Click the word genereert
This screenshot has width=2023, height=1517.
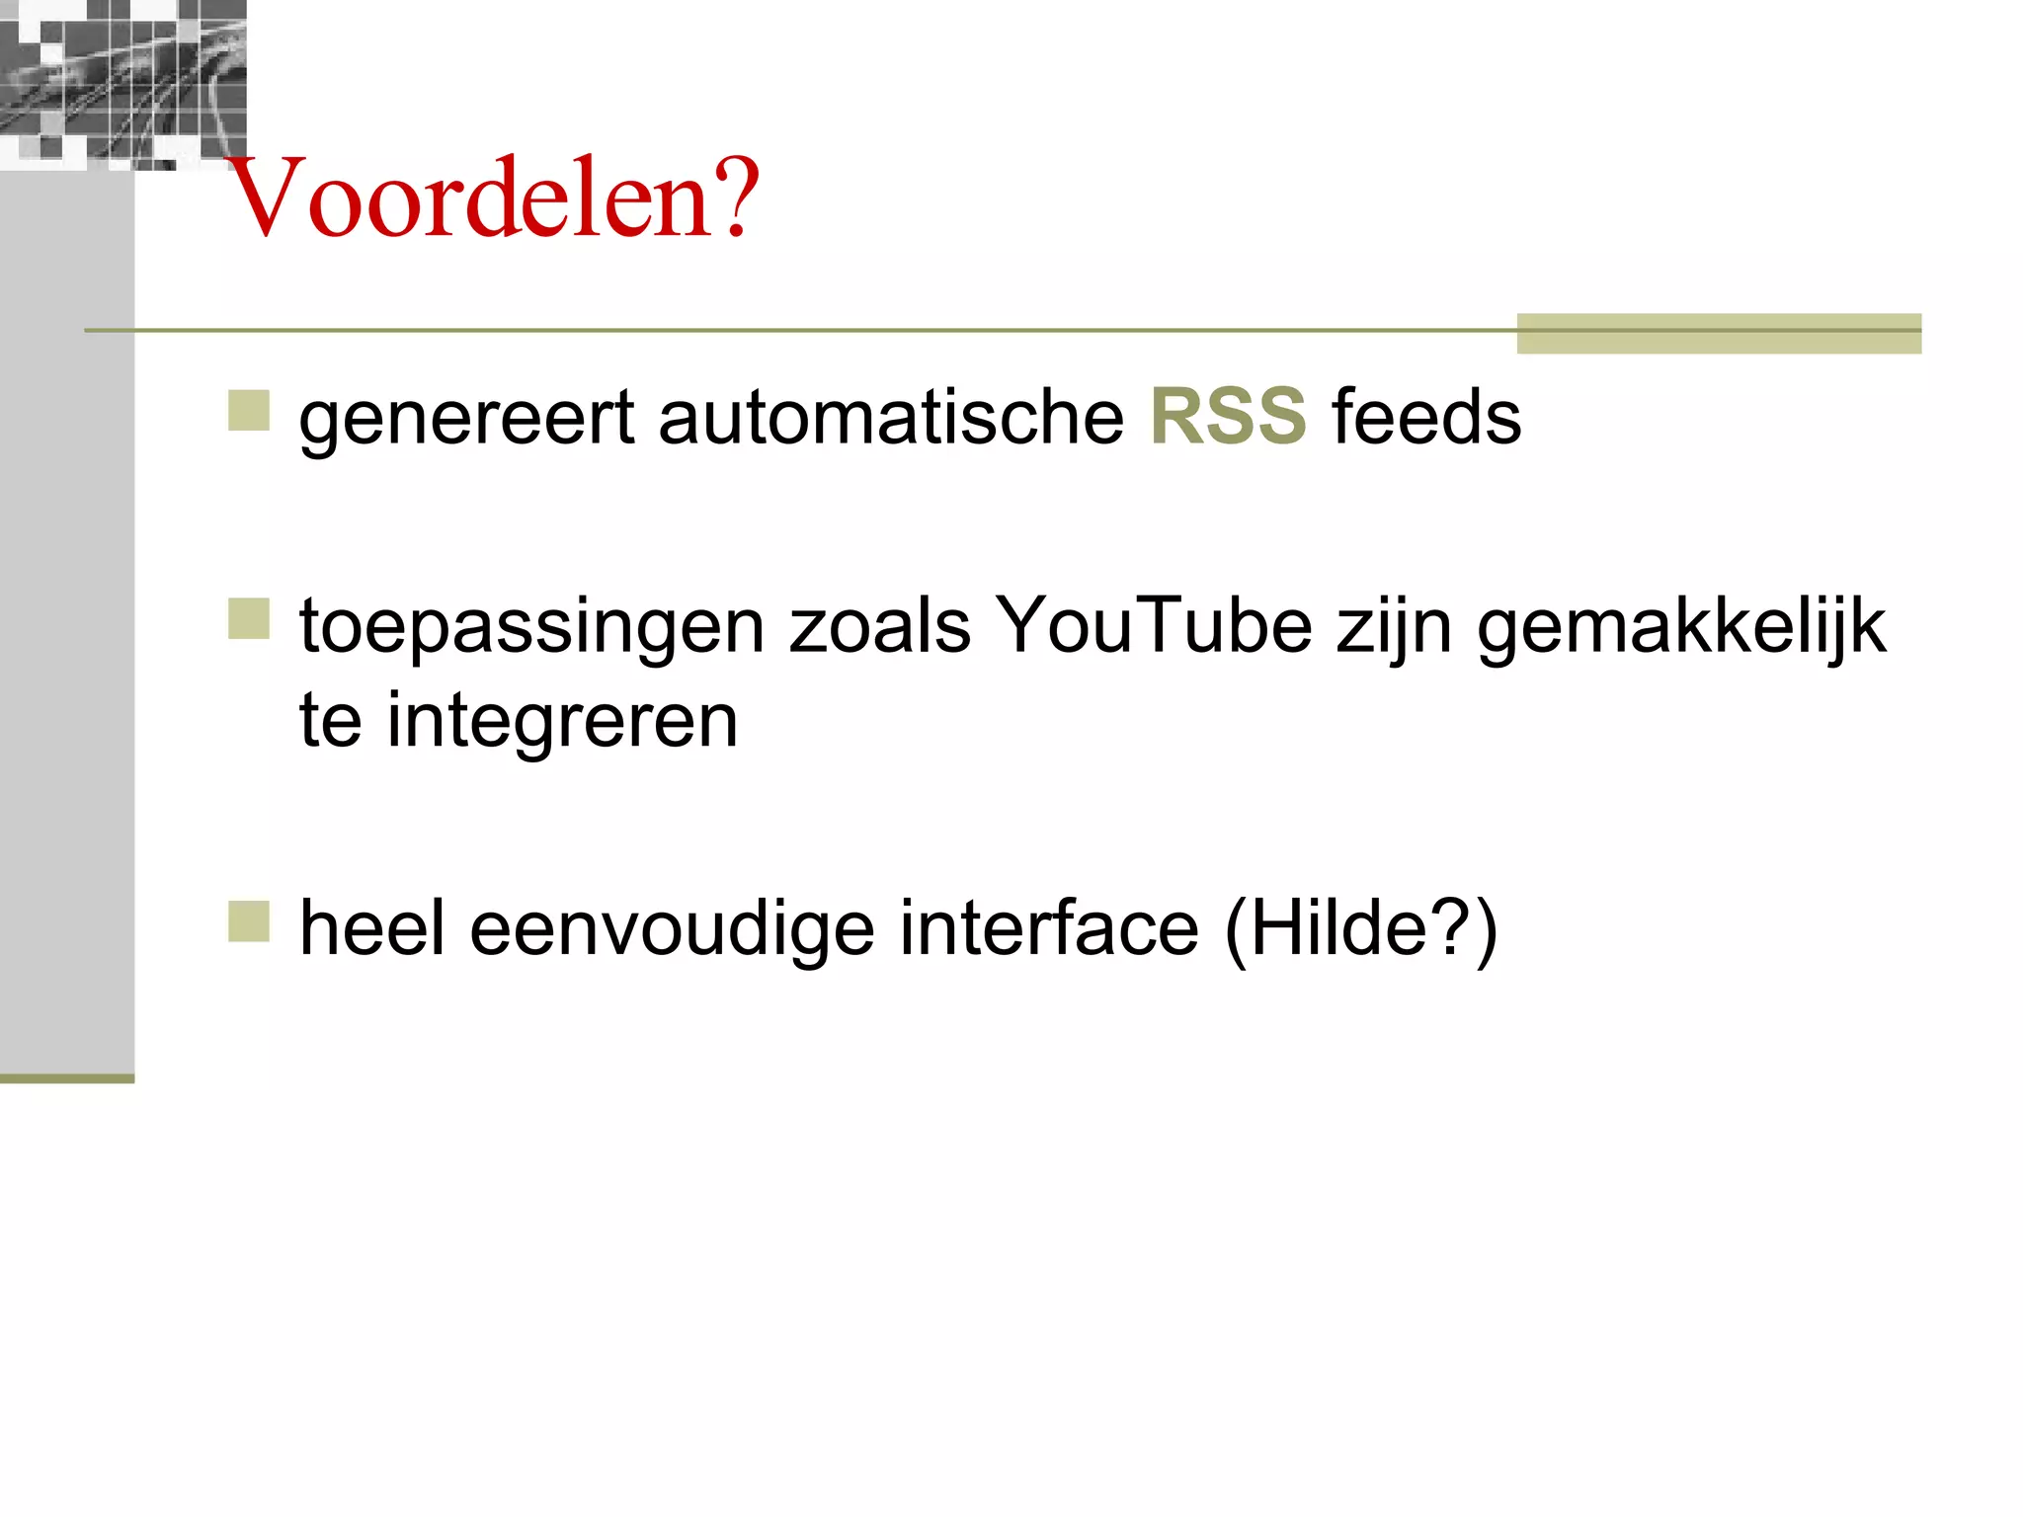click(x=466, y=419)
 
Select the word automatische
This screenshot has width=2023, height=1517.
click(x=890, y=417)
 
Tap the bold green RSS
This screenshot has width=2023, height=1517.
click(x=1228, y=417)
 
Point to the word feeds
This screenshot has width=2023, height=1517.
click(x=1426, y=417)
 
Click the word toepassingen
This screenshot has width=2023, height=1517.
click(x=532, y=628)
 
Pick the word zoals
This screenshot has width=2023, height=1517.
click(x=879, y=626)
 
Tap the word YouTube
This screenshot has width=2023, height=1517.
click(x=1153, y=626)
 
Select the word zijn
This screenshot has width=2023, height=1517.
click(x=1394, y=628)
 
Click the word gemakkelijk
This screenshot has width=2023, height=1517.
click(x=1680, y=626)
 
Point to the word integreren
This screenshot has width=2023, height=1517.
click(x=562, y=721)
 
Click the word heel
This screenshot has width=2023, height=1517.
click(x=372, y=928)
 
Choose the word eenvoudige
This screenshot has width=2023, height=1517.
click(x=672, y=930)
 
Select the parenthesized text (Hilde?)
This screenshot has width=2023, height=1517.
click(x=1360, y=930)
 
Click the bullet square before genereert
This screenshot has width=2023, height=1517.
click(x=249, y=411)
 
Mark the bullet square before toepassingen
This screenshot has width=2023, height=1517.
click(x=249, y=619)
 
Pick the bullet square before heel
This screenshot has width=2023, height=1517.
click(x=249, y=921)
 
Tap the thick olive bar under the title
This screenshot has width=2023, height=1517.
click(x=1718, y=334)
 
